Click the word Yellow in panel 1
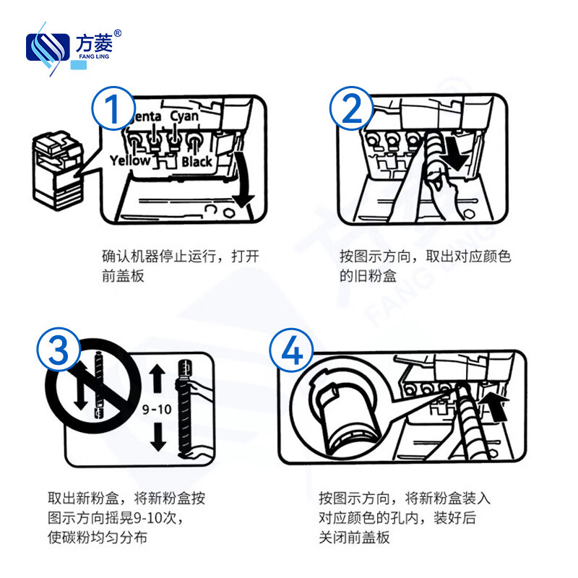point(130,160)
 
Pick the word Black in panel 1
point(197,161)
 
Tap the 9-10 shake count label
point(156,409)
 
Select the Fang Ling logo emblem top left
point(48,47)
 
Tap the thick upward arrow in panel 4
point(498,406)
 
